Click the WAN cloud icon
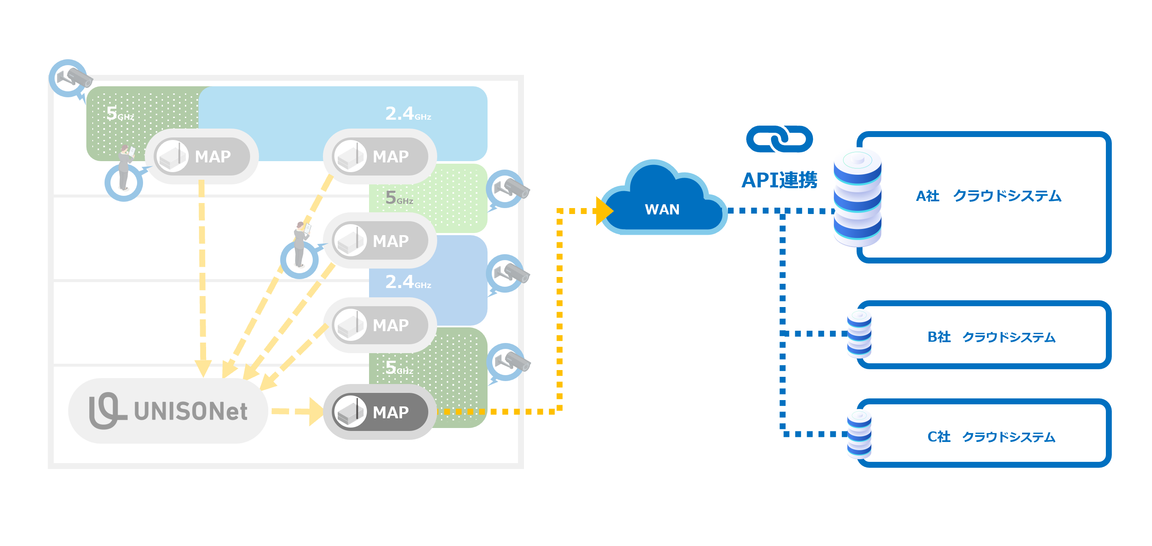pyautogui.click(x=662, y=203)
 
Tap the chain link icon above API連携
pyautogui.click(x=779, y=139)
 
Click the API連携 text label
pyautogui.click(x=779, y=180)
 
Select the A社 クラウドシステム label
pyautogui.click(x=988, y=196)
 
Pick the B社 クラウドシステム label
pyautogui.click(x=991, y=337)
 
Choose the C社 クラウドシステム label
pyautogui.click(x=991, y=436)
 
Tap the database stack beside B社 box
pyautogui.click(x=859, y=334)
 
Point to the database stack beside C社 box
pyautogui.click(x=859, y=434)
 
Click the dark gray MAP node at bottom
pyautogui.click(x=380, y=412)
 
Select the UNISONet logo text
pyautogui.click(x=168, y=411)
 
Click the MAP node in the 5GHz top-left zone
pyautogui.click(x=202, y=156)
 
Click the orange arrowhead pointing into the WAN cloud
pyautogui.click(x=605, y=211)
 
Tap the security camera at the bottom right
pyautogui.click(x=510, y=362)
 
